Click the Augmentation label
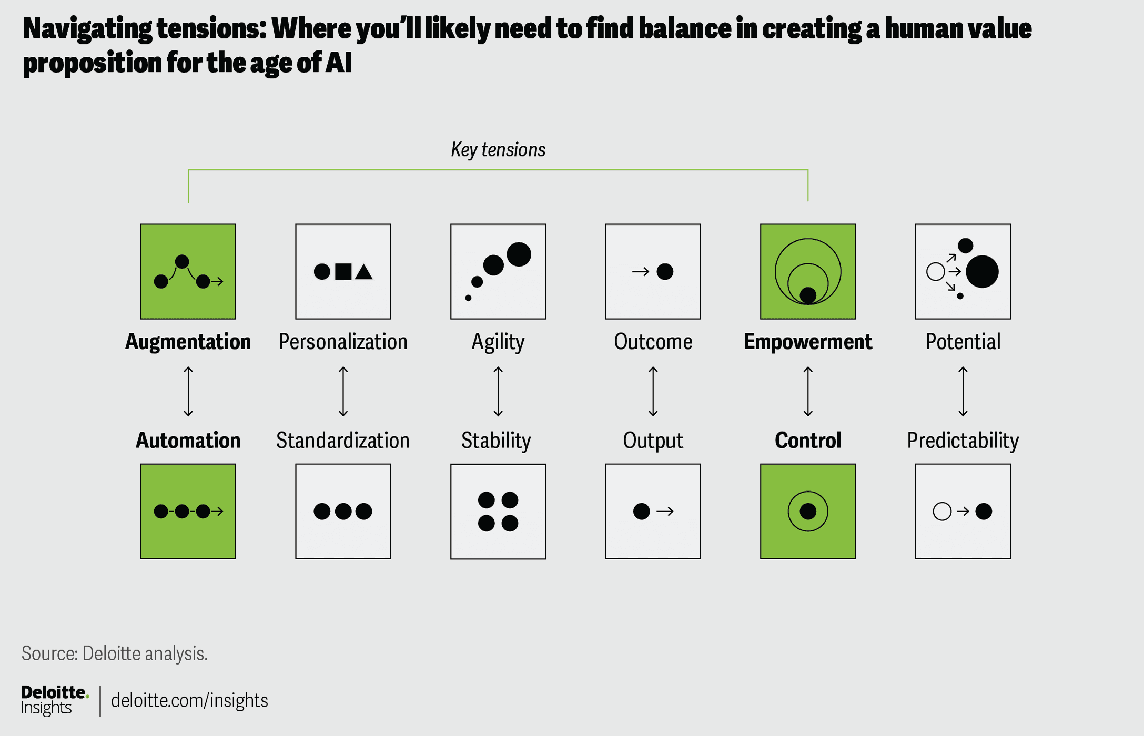[x=188, y=342]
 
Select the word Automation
[x=188, y=440]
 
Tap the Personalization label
[x=343, y=342]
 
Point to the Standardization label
[x=343, y=440]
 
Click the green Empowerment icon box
[x=808, y=271]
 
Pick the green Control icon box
[x=808, y=511]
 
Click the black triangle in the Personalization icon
[x=363, y=272]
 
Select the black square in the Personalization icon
[x=343, y=271]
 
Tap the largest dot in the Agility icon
[x=519, y=254]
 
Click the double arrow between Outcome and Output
[x=653, y=392]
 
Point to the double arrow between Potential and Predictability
[x=963, y=392]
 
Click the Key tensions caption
[x=498, y=150]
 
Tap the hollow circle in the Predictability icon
[x=942, y=511]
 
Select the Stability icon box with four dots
[x=498, y=511]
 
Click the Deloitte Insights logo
[x=55, y=700]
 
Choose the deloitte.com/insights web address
[x=189, y=700]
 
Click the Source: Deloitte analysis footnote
[x=115, y=653]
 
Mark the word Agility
[x=498, y=342]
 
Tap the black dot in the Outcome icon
[x=665, y=271]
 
